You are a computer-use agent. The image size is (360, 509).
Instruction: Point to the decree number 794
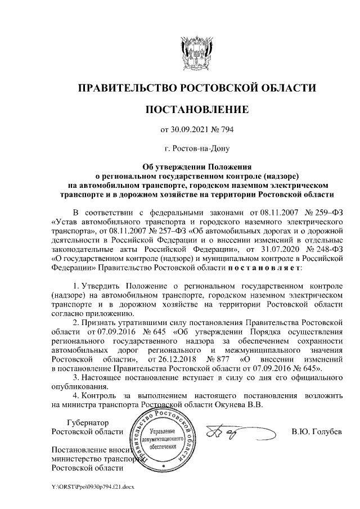pyautogui.click(x=226, y=130)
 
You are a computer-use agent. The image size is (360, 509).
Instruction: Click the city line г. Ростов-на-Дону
pyautogui.click(x=197, y=149)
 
